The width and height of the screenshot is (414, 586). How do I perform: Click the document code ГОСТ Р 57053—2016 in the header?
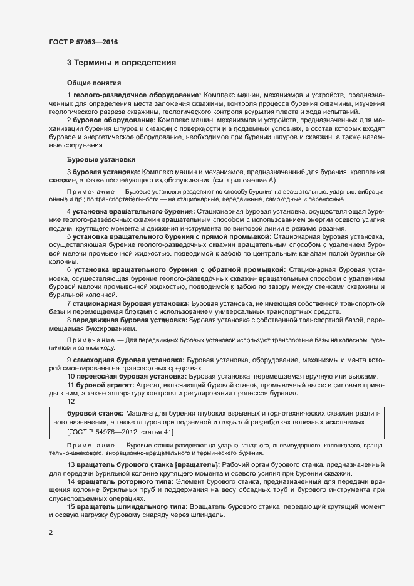click(x=83, y=42)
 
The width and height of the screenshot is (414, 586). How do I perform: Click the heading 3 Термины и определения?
click(x=121, y=63)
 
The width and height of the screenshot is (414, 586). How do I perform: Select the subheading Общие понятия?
click(x=94, y=83)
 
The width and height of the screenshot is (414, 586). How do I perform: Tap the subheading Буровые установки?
click(x=100, y=159)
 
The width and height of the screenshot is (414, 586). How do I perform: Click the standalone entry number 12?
click(x=71, y=401)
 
